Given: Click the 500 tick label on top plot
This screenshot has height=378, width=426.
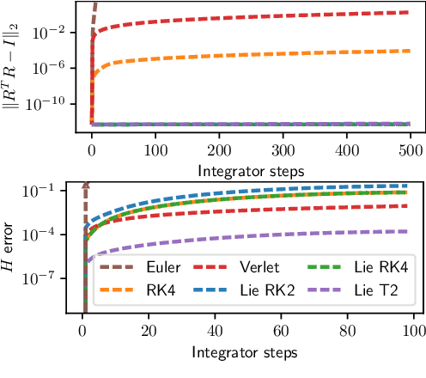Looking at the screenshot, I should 411,149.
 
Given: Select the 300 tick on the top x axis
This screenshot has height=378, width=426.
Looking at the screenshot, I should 283,149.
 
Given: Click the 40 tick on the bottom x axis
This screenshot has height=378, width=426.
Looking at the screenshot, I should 215,331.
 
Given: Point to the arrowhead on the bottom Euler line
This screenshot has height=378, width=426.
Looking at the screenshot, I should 85,185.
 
